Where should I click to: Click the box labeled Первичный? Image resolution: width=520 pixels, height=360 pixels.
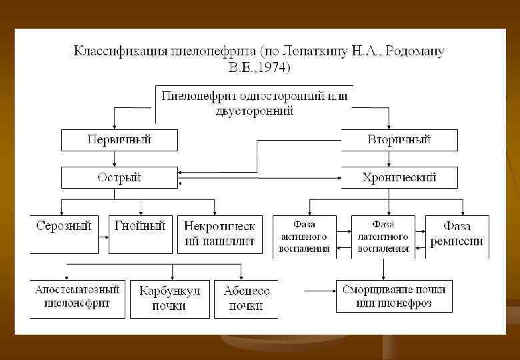[x=120, y=140]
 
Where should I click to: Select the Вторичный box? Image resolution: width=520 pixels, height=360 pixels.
[x=399, y=140]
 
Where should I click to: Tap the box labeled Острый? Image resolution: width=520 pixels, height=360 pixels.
[x=120, y=177]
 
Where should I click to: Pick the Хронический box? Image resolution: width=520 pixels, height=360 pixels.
[x=399, y=177]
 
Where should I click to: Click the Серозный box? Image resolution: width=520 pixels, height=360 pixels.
[x=63, y=233]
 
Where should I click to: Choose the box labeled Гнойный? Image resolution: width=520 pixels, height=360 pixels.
[x=140, y=233]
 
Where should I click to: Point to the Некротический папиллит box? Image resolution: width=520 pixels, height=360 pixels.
[x=220, y=233]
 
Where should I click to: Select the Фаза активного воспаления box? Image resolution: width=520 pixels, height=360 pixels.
[x=305, y=237]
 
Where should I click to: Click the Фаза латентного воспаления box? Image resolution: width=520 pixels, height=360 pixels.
[x=383, y=237]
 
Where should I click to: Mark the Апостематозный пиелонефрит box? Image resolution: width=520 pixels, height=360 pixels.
[x=77, y=297]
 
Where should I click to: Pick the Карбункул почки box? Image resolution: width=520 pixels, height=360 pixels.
[x=170, y=298]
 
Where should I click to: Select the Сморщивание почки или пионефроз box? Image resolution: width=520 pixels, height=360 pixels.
[x=394, y=296]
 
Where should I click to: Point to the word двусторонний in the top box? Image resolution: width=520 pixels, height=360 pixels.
[x=255, y=111]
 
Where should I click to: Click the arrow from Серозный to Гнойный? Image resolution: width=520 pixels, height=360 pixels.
[x=103, y=235]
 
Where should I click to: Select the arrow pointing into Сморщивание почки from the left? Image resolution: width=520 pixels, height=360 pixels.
[x=320, y=289]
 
